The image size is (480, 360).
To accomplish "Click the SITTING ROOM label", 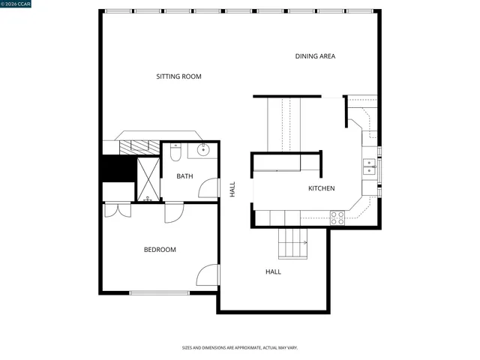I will click(x=178, y=76).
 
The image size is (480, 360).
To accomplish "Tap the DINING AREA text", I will click(x=315, y=56).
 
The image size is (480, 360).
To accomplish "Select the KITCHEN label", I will click(x=321, y=188).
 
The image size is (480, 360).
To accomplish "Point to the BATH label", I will click(x=184, y=176).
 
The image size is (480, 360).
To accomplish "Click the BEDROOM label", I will click(x=160, y=250).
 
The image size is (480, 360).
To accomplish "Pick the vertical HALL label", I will click(x=232, y=189).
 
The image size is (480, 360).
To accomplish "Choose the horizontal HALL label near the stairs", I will click(x=273, y=271).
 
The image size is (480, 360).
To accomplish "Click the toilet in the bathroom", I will click(x=175, y=152).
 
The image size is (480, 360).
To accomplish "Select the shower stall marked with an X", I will click(x=148, y=179).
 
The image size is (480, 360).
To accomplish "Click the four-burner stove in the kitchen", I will click(x=337, y=217).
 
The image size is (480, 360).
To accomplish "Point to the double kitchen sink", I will click(x=369, y=166).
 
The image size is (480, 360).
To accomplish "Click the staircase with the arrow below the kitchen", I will click(x=292, y=242).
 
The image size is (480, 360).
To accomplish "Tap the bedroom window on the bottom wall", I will click(x=159, y=292).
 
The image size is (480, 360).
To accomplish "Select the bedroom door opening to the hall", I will click(x=208, y=275).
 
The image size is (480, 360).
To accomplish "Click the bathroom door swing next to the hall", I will click(x=209, y=188).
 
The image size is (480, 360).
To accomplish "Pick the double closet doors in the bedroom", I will click(x=117, y=209).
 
